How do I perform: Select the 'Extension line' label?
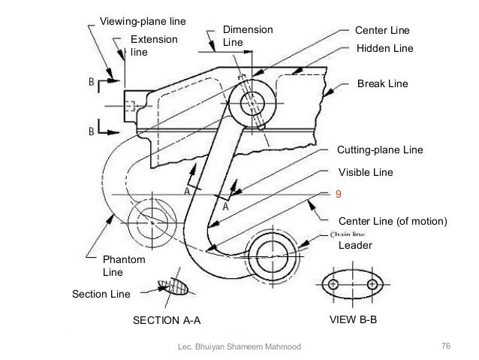pos(150,46)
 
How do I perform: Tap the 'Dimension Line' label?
pos(247,36)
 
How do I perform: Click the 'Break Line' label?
pos(382,83)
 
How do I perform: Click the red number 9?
pos(338,194)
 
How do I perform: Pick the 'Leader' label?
pos(355,246)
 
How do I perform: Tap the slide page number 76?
pos(445,345)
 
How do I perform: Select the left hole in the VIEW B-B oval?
pos(333,284)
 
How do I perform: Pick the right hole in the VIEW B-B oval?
pos(372,284)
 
